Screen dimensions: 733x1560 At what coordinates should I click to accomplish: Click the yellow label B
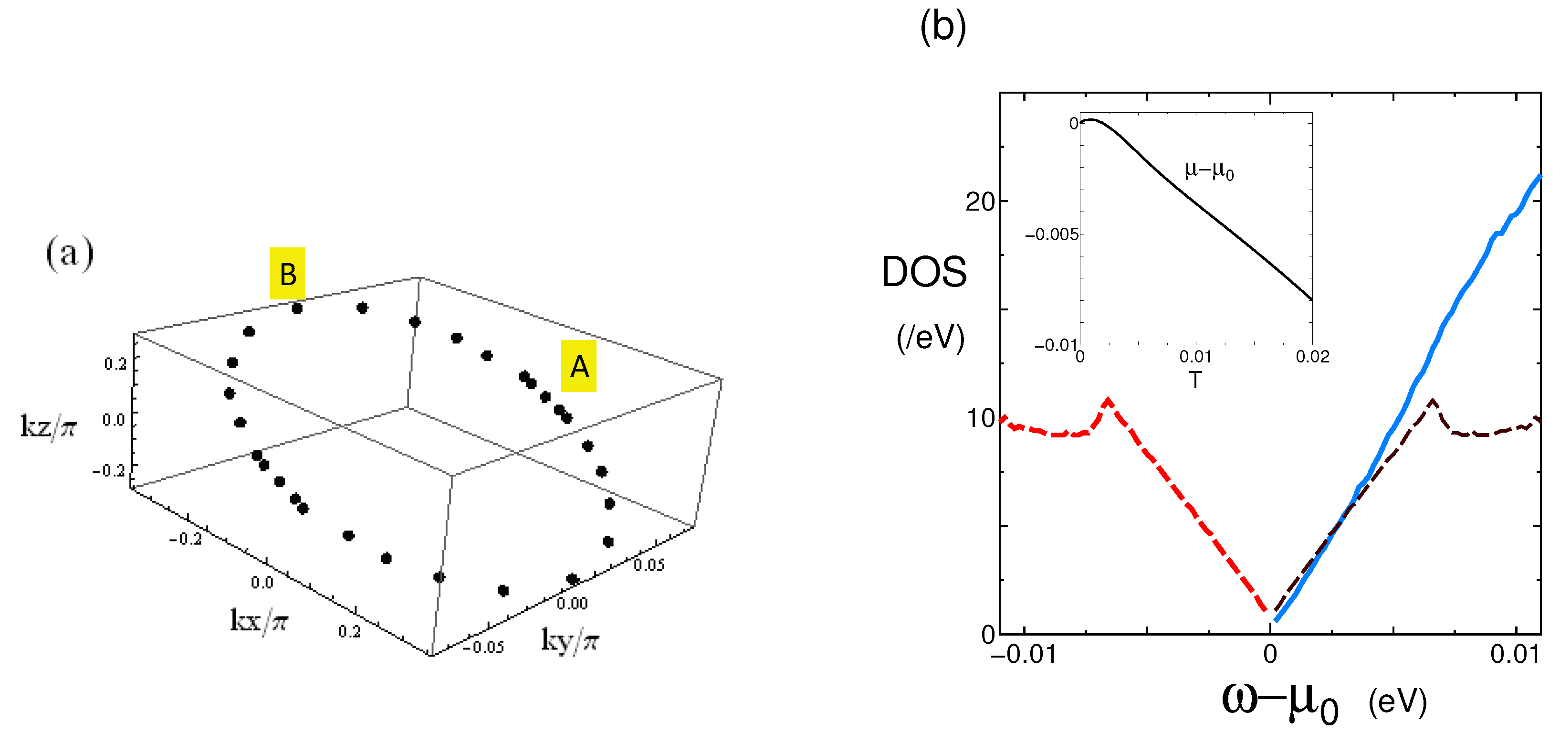[287, 273]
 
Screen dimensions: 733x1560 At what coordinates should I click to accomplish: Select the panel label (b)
[942, 27]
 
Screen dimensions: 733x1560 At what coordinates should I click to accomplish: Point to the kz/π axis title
[49, 426]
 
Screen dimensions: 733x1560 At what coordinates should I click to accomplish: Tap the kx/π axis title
[259, 620]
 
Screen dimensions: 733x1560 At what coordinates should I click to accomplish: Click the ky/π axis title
[569, 640]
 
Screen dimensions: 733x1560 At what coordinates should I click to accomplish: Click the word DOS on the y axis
[923, 272]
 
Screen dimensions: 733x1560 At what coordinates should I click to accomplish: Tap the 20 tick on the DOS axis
[980, 202]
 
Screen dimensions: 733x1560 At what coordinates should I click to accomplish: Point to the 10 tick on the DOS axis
[980, 418]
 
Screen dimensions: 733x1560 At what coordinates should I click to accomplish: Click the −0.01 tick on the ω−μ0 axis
[1024, 655]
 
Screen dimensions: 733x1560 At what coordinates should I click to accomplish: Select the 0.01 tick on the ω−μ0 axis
[1515, 655]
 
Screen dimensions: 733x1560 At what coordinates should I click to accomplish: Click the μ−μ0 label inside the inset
[1209, 171]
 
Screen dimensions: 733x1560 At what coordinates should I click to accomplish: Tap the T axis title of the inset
[1194, 381]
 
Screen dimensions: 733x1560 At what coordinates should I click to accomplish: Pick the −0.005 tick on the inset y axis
[1051, 234]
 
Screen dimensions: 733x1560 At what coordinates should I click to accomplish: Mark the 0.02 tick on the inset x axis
[1312, 357]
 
